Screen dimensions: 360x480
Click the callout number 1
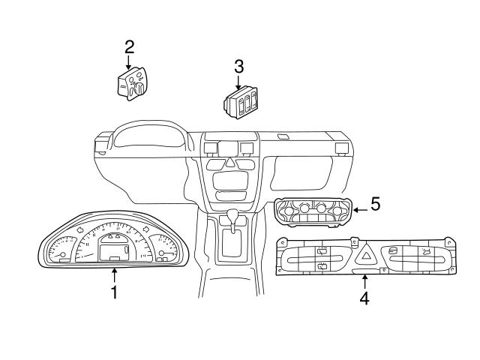tap(114, 292)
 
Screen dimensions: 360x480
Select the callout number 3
tap(238, 67)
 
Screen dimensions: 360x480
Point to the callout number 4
tap(364, 298)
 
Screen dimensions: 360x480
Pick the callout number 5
tap(375, 203)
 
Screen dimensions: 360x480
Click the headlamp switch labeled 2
tap(132, 85)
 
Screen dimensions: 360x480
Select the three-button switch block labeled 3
tap(241, 103)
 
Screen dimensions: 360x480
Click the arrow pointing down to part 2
tap(129, 63)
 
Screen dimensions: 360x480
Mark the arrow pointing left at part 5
tap(359, 209)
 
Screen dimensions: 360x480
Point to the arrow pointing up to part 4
tap(364, 281)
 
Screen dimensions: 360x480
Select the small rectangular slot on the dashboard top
tap(283, 136)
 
